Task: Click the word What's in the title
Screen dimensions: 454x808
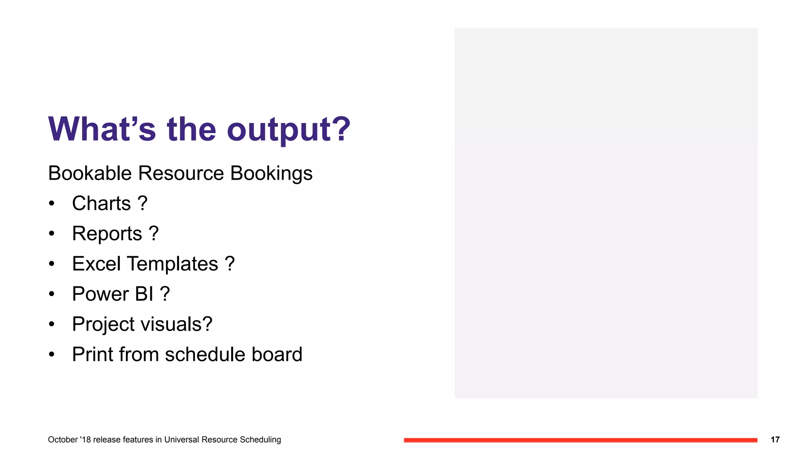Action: (x=102, y=129)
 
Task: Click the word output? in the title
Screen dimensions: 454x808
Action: (x=288, y=130)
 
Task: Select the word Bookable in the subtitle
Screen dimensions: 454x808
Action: (x=90, y=173)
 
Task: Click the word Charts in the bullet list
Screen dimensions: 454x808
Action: (x=101, y=204)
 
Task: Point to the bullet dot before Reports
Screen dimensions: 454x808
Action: (x=52, y=234)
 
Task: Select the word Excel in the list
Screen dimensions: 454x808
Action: (x=96, y=264)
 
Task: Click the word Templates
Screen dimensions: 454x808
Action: (x=172, y=264)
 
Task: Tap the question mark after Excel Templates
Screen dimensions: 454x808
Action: (x=230, y=263)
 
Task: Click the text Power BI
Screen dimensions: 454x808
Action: (x=112, y=294)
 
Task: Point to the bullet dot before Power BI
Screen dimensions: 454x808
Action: (x=52, y=294)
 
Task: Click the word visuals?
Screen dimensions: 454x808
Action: (x=176, y=324)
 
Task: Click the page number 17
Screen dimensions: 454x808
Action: (x=775, y=440)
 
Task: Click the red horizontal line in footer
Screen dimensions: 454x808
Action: (x=580, y=440)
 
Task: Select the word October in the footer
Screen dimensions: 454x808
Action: (x=63, y=440)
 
